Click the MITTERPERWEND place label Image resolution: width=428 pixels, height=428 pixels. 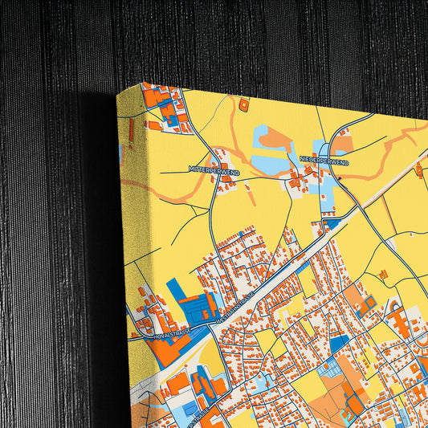(214, 170)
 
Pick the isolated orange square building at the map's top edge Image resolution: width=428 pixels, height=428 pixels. (244, 104)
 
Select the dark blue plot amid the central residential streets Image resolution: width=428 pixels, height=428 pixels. (339, 344)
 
